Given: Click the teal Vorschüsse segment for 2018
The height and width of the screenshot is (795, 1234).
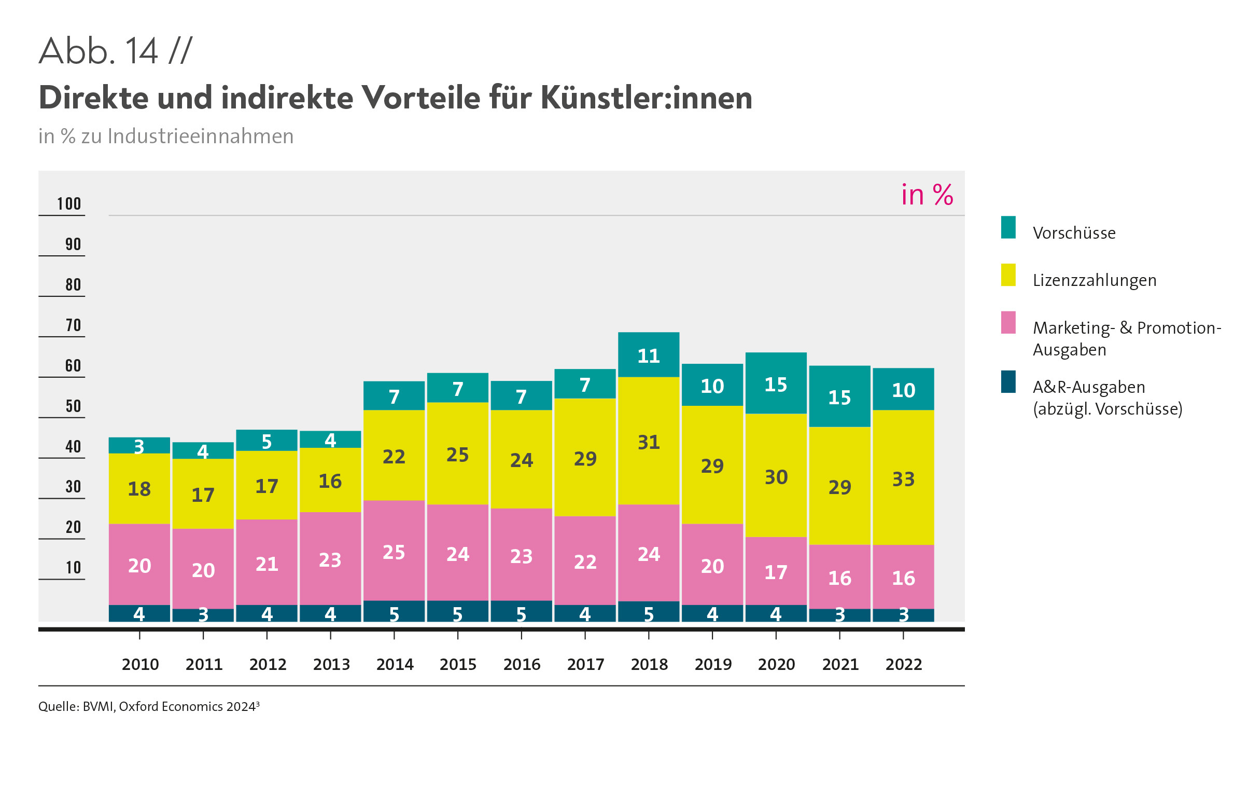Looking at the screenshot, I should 649,355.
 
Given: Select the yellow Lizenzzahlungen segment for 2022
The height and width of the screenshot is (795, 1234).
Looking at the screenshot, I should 903,477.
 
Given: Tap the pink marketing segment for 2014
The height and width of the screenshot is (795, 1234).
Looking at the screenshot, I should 394,551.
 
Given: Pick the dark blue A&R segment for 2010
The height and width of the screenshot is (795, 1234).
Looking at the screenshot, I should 139,614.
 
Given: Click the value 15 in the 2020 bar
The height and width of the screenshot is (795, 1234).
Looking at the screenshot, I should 776,385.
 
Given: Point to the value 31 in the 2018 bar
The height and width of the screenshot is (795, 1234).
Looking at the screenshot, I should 649,442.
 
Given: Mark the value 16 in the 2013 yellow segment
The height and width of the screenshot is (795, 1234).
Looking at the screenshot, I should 330,481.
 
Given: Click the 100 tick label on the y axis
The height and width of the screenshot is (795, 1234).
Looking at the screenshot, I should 69,204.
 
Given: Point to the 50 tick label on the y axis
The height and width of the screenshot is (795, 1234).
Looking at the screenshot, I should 73,406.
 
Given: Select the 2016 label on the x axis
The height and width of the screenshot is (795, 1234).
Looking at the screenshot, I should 522,664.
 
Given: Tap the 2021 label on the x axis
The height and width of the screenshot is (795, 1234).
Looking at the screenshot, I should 840,664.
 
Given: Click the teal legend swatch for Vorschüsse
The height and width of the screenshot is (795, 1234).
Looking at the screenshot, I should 1008,227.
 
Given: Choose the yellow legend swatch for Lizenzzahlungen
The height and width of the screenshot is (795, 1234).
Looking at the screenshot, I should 1008,275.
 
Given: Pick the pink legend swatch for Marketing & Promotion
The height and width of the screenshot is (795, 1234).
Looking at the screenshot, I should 1008,322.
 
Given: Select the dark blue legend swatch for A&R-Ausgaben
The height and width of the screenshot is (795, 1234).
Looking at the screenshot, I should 1008,382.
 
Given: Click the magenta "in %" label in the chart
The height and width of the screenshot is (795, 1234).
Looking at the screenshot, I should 927,195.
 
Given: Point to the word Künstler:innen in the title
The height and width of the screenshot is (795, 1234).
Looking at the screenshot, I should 646,98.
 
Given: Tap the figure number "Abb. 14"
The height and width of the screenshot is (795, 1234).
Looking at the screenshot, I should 99,51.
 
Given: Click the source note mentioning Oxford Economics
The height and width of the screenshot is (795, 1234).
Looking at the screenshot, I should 149,707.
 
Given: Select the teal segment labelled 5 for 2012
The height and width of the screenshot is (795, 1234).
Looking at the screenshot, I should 267,441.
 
